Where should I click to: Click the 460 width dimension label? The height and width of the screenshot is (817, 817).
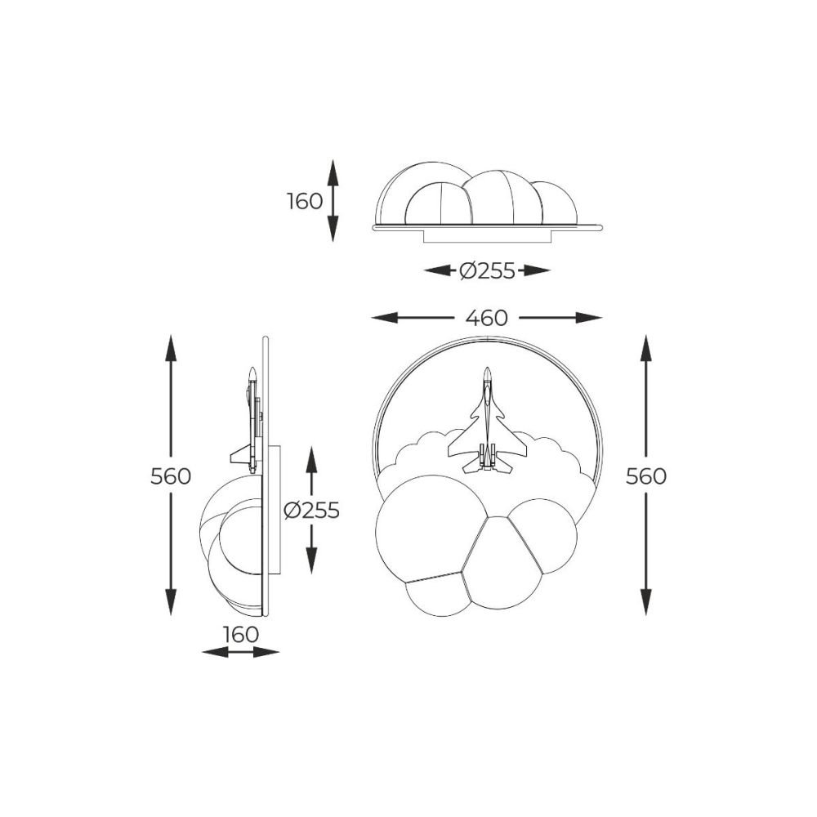click(x=486, y=317)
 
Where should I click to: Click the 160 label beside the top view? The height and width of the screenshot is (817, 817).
click(x=306, y=201)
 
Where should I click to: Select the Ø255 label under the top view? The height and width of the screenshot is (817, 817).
click(x=487, y=270)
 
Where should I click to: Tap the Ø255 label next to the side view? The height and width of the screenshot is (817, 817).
click(x=311, y=510)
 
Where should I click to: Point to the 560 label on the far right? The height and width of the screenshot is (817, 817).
click(x=646, y=476)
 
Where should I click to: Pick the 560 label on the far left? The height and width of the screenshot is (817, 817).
click(x=171, y=476)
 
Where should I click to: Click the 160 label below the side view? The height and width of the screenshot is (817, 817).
click(x=241, y=635)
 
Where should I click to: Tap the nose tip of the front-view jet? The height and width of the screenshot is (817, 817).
click(x=488, y=368)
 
